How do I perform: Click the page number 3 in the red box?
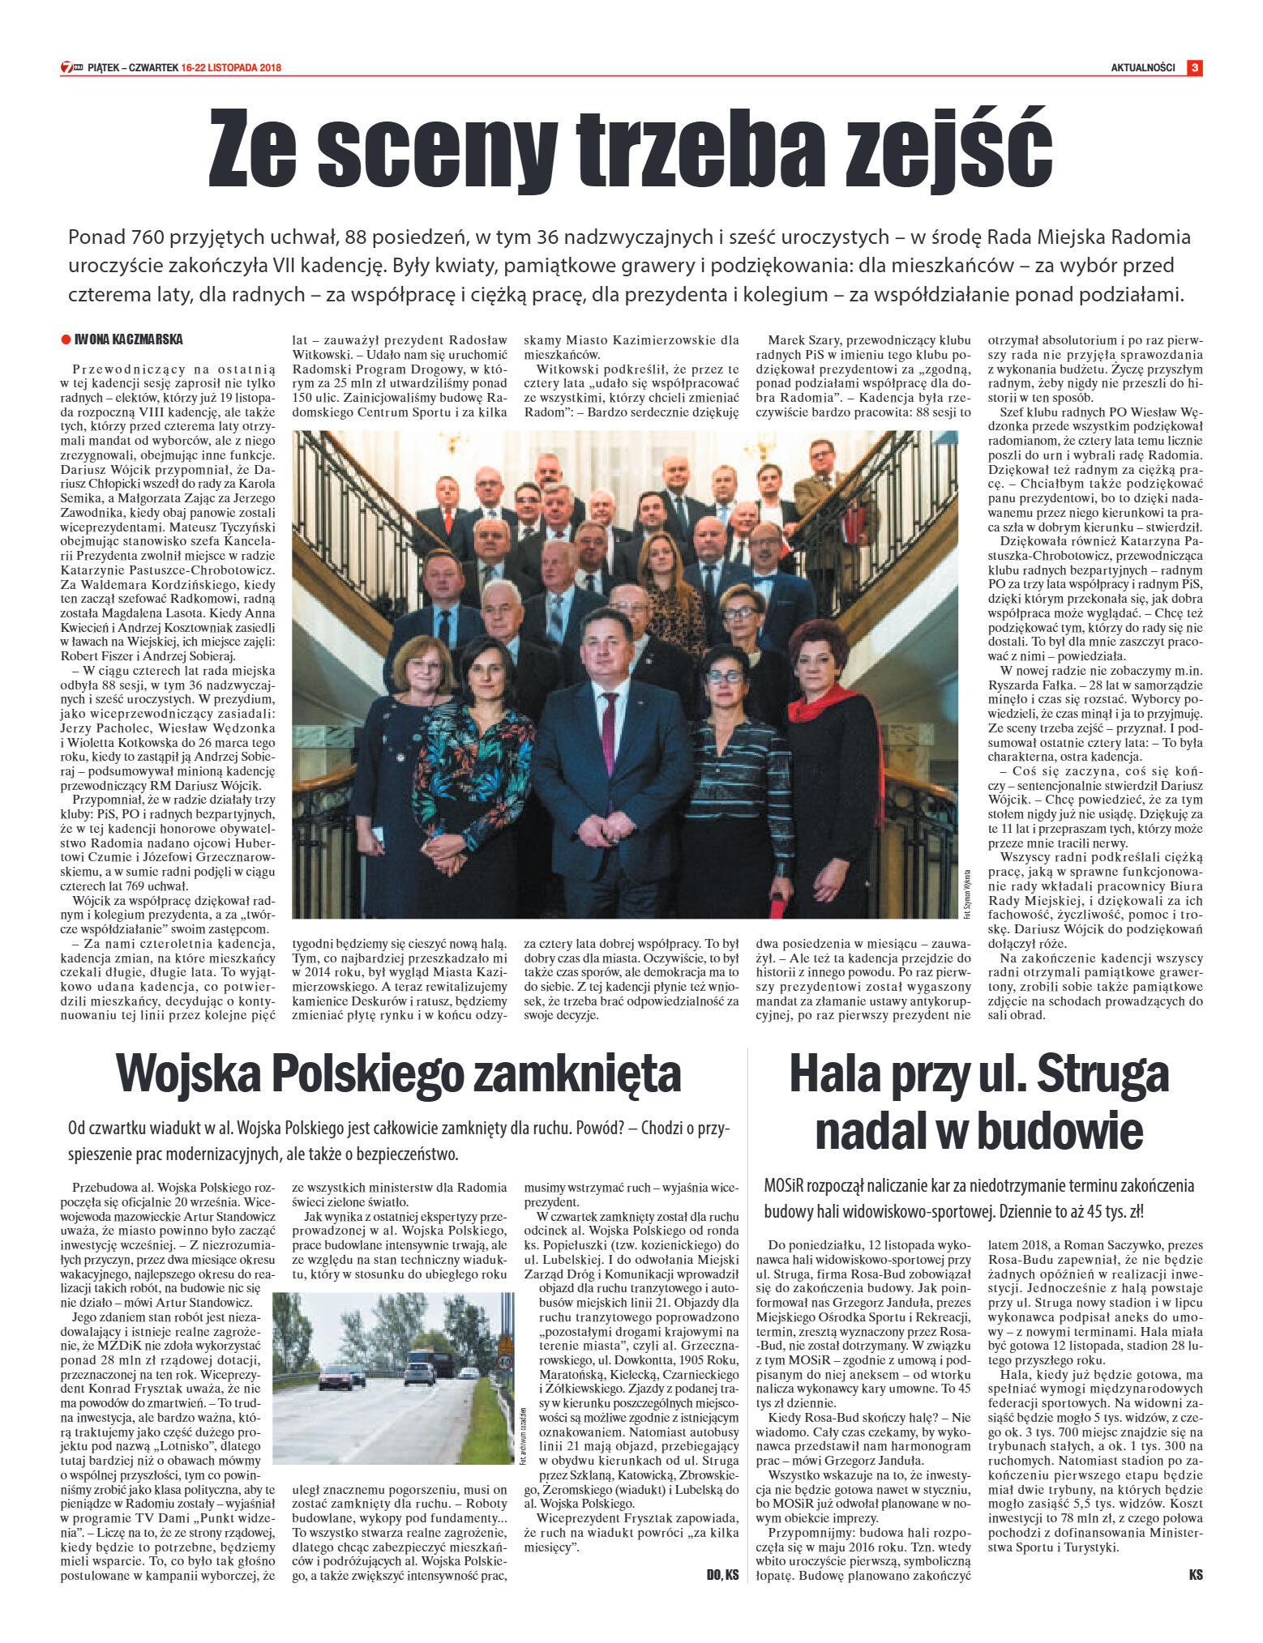(x=1193, y=68)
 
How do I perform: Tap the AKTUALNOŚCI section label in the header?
(x=1142, y=68)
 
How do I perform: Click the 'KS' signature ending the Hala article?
(x=1195, y=1575)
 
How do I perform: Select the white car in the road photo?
(x=419, y=1372)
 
